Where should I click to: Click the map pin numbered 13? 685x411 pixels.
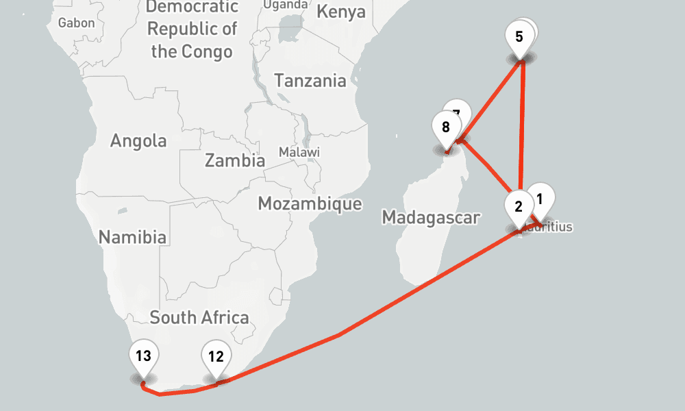tap(143, 357)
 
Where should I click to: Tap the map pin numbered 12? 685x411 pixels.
tap(216, 357)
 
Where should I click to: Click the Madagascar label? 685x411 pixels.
tap(431, 218)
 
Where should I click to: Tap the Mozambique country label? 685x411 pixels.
tap(310, 203)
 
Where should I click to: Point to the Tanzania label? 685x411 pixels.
tap(310, 81)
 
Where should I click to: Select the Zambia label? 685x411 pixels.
tap(235, 161)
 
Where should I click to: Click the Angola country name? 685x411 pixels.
tap(138, 141)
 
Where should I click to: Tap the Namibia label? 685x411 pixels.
tap(132, 238)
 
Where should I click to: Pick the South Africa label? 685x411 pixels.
tap(199, 318)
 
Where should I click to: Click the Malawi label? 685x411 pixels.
tap(299, 151)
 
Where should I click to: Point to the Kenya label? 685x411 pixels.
tap(341, 12)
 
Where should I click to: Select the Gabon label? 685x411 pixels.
tap(77, 23)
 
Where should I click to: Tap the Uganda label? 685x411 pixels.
tap(285, 5)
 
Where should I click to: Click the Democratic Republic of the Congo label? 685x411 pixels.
tap(192, 29)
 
